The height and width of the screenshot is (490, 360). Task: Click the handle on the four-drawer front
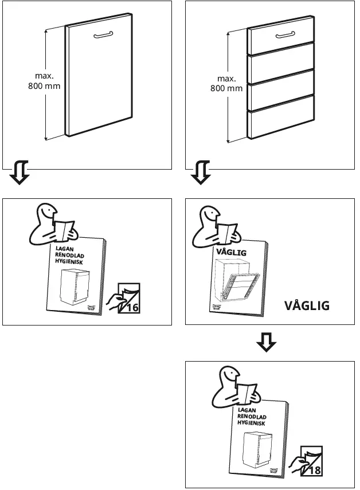point(285,36)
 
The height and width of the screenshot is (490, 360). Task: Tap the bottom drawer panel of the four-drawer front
point(281,122)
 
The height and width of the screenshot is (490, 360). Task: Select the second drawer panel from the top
point(281,62)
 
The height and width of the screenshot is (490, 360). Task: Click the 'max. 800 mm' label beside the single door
point(44,81)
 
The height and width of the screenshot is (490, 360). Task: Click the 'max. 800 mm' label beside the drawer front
point(226,84)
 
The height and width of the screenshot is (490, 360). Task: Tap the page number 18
point(314,470)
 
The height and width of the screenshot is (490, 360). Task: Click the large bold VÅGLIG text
point(307,305)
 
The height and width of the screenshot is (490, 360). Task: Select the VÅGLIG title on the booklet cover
point(230,252)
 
